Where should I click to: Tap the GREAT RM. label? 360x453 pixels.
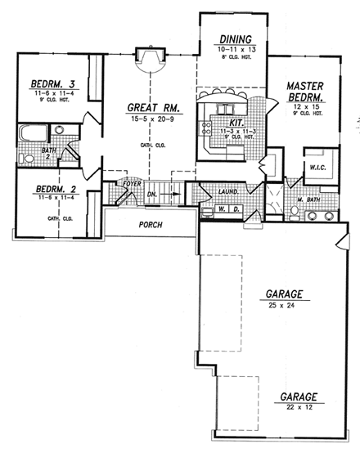[148, 107]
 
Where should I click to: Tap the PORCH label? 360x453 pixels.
[151, 224]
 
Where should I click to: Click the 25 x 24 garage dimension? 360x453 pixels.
[281, 306]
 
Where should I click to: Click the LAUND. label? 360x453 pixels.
[228, 192]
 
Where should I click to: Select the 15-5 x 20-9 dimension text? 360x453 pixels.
[148, 119]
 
